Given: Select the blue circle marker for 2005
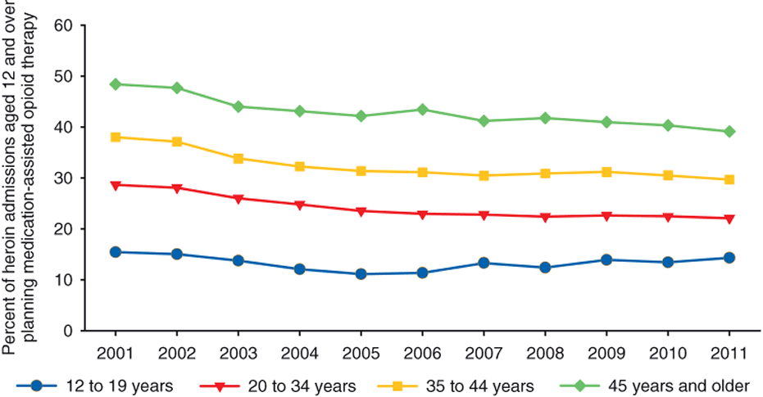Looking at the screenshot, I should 361,274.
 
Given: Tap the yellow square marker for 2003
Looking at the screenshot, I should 238,158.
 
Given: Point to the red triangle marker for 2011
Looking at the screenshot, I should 729,219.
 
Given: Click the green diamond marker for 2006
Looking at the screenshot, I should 422,110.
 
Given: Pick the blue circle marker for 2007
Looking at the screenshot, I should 484,263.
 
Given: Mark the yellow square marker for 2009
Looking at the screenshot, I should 606,172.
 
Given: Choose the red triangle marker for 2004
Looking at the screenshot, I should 299,205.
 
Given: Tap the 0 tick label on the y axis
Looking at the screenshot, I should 68,331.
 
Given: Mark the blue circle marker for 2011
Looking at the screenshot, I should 729,258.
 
